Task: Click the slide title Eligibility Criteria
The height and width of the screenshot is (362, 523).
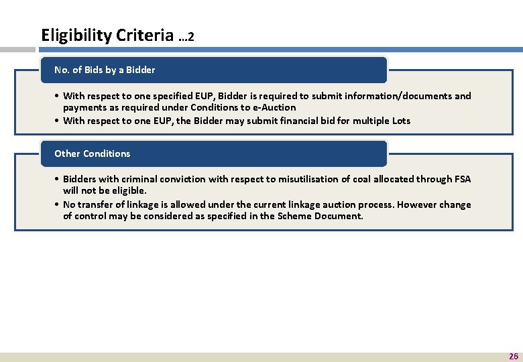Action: (x=107, y=35)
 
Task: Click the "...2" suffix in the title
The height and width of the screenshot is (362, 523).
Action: (x=186, y=37)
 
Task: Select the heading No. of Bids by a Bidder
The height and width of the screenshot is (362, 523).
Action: (x=105, y=70)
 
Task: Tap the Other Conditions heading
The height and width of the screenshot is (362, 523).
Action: (x=93, y=154)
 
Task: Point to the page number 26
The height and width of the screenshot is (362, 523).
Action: (x=514, y=356)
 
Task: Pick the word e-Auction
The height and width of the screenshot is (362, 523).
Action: (x=274, y=107)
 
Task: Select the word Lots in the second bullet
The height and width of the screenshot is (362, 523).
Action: (x=401, y=121)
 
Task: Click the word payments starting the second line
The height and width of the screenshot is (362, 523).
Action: (x=83, y=107)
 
